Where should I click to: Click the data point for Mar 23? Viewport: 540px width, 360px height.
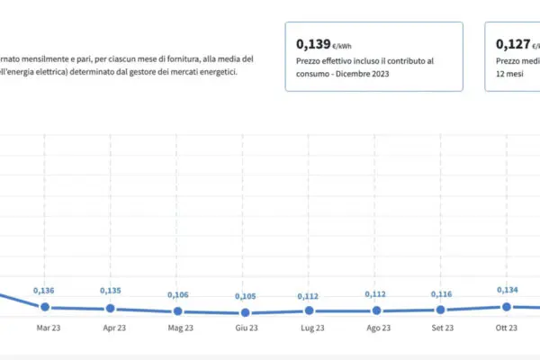[x=44, y=307]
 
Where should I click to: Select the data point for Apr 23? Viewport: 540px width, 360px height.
[x=110, y=308]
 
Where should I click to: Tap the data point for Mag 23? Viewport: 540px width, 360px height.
[x=176, y=311]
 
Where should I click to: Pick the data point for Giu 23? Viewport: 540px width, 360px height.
[x=242, y=312]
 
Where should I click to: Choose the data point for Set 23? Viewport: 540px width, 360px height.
[x=440, y=310]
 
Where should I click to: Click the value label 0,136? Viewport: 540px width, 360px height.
[x=44, y=290]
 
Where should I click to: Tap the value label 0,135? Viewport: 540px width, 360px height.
[x=110, y=291]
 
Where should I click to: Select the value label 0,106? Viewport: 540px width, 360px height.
[x=176, y=294]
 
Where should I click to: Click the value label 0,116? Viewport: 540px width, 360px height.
[x=440, y=294]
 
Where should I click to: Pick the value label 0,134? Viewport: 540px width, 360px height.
[x=507, y=290]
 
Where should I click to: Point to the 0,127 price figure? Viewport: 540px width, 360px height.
[x=513, y=43]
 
